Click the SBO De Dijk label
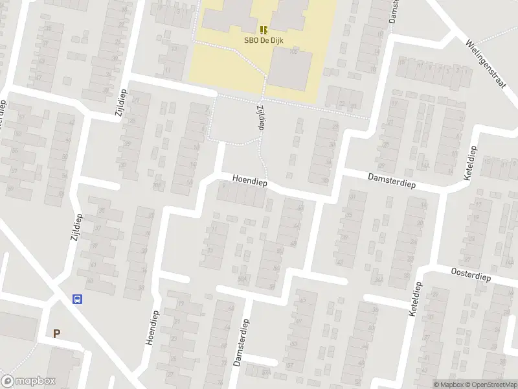tap(264, 40)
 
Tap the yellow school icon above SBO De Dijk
tap(264, 29)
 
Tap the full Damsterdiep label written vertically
tap(241, 343)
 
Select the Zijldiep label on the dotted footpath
tap(260, 117)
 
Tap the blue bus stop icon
tap(77, 300)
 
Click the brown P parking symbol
tap(57, 334)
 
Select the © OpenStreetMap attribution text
tap(491, 384)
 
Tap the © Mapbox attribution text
tap(449, 384)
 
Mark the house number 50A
tap(242, 279)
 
